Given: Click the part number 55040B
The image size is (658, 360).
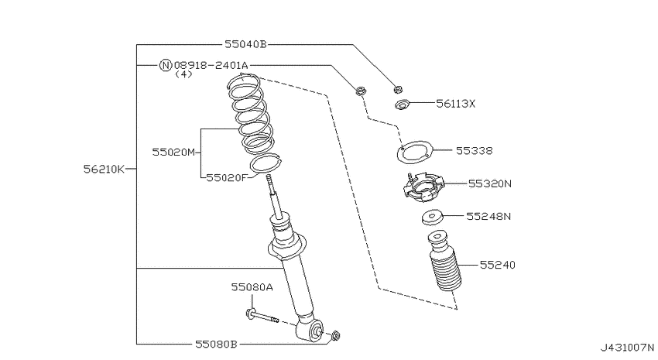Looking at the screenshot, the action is click(245, 44).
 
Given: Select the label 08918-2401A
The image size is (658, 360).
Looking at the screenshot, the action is click(211, 65).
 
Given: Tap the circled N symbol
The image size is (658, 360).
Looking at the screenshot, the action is click(166, 65).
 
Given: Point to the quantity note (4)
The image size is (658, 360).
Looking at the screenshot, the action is click(183, 74).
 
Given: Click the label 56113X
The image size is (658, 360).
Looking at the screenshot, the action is click(456, 104).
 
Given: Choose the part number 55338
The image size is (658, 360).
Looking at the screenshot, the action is click(475, 151).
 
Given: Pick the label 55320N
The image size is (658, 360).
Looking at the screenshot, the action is click(490, 183).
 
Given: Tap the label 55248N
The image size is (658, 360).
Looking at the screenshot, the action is click(488, 216).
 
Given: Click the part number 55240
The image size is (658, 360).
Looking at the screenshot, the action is click(497, 265).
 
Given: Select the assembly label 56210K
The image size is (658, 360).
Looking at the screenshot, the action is click(104, 169).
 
